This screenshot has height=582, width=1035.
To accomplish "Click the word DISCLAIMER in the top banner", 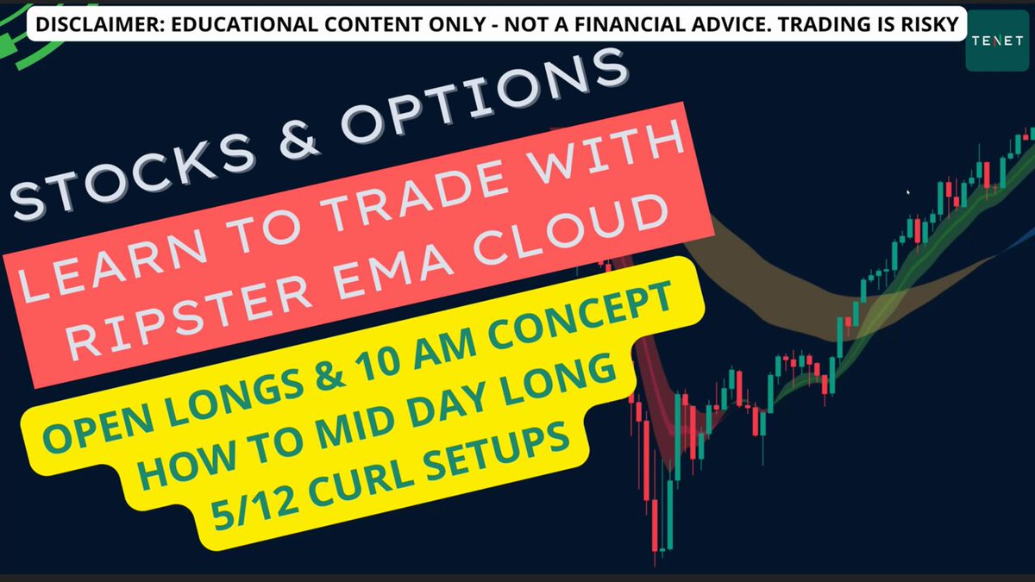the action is click(x=100, y=24).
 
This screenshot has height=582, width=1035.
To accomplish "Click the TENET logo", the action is click(x=997, y=41).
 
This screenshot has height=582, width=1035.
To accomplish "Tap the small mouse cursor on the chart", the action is click(x=908, y=192).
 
